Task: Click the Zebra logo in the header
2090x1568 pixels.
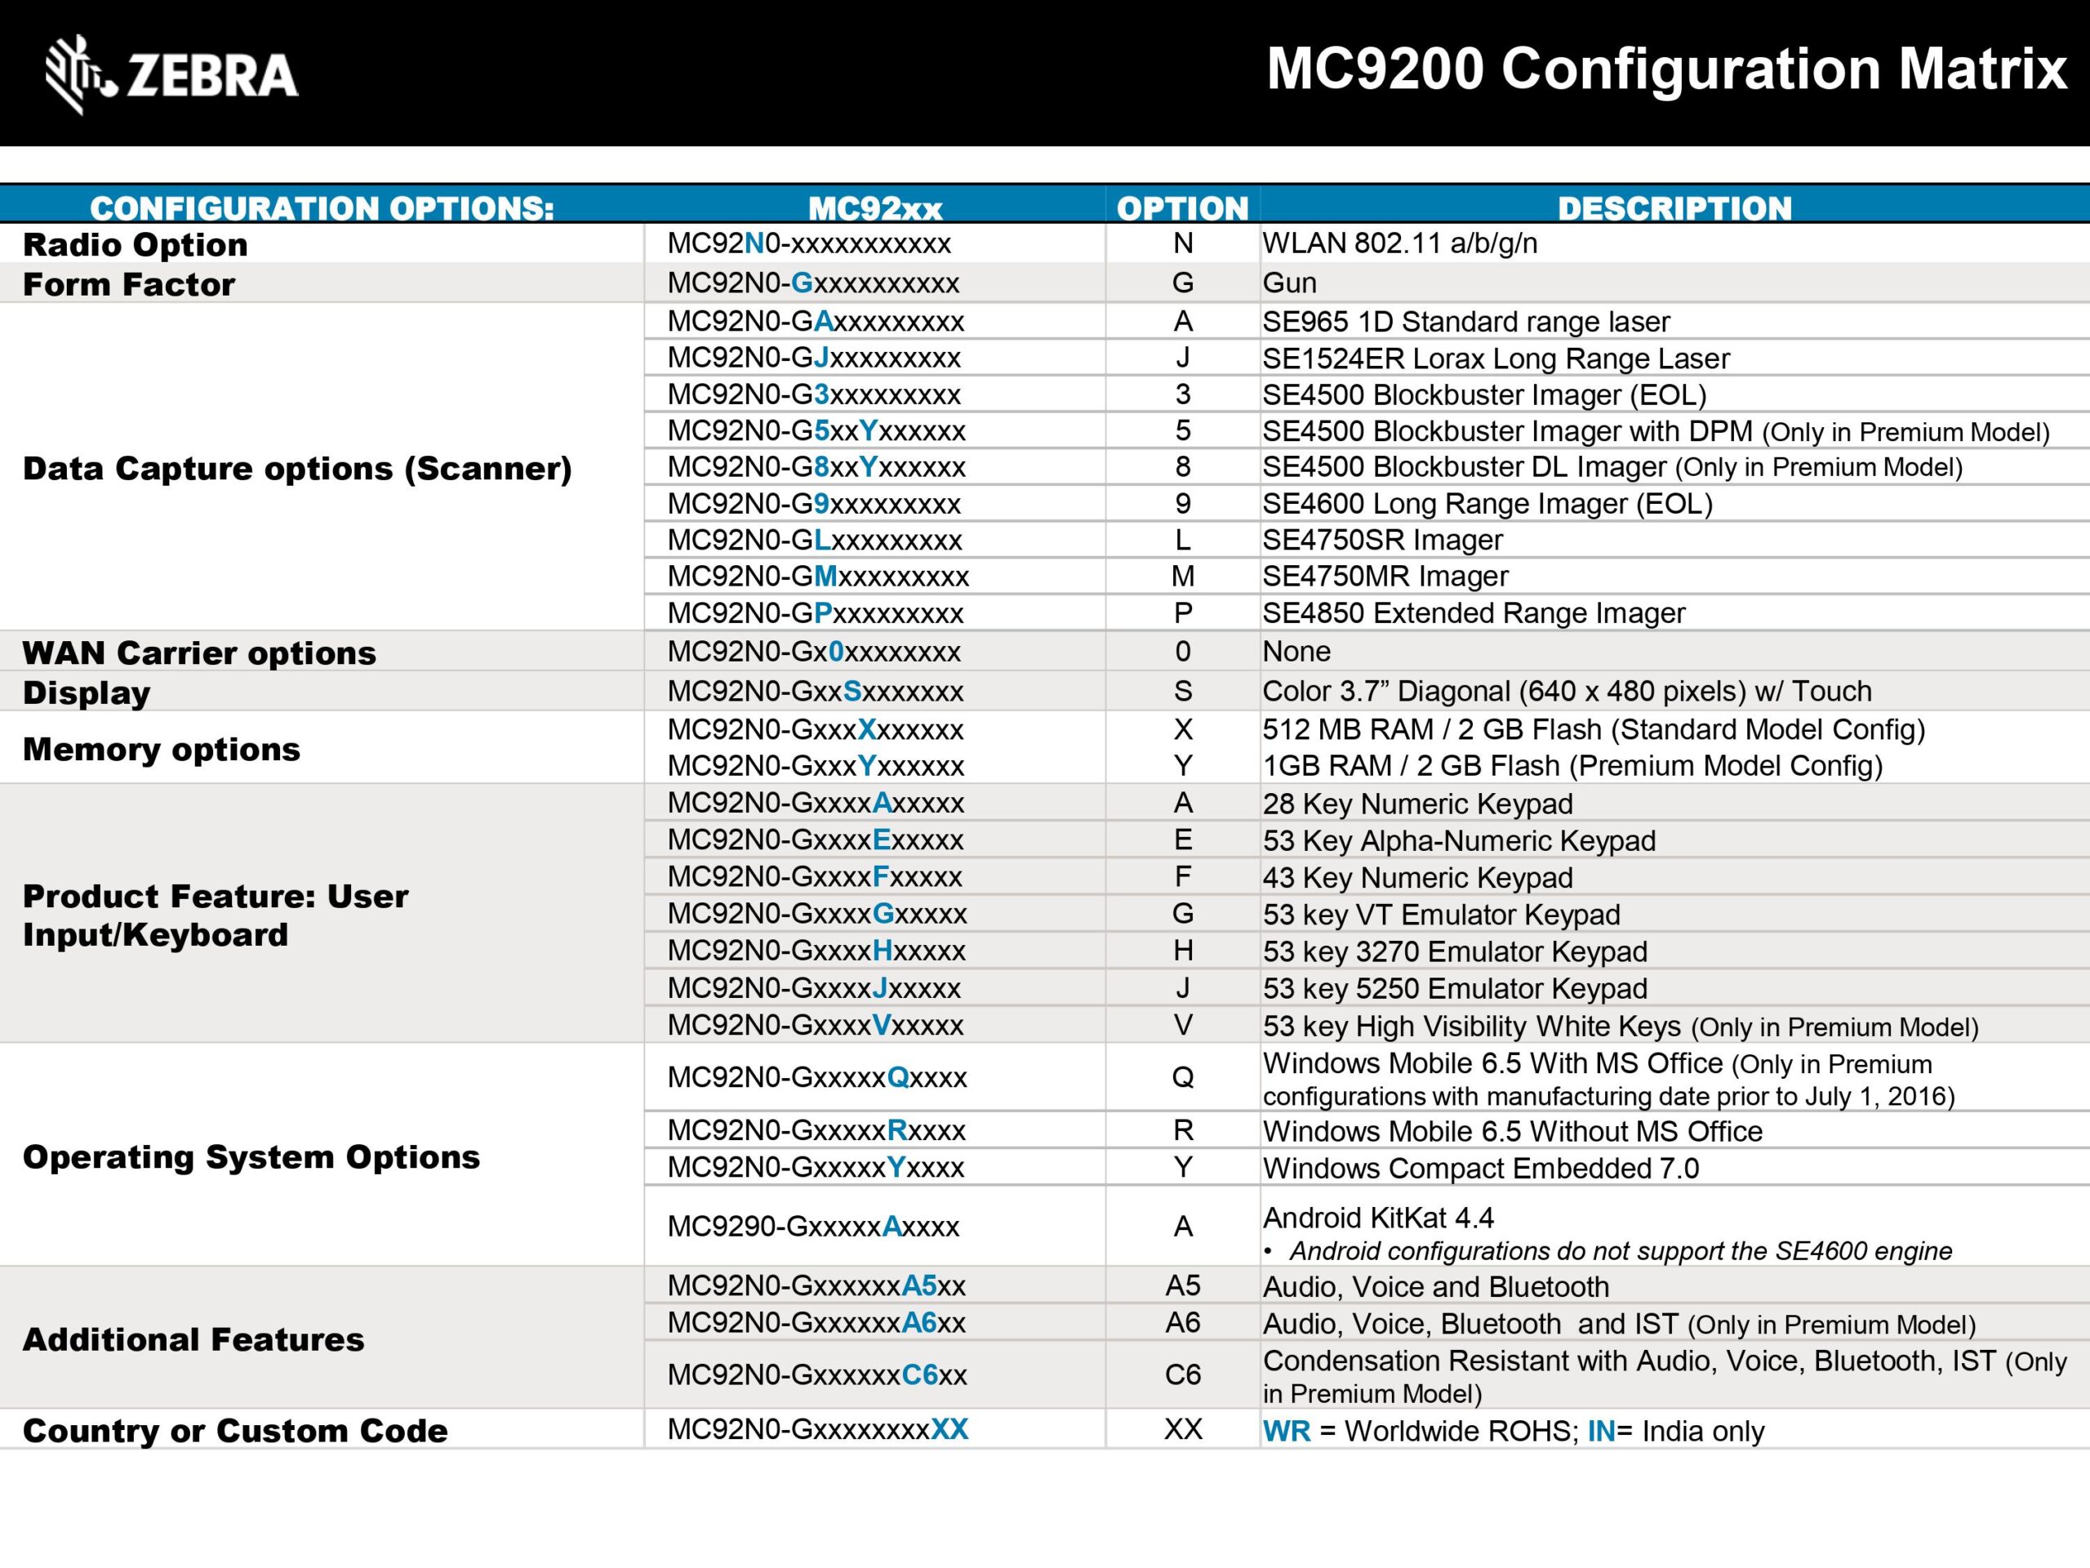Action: point(172,74)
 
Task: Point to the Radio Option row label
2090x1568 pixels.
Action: point(135,245)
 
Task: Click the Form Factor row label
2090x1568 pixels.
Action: point(128,284)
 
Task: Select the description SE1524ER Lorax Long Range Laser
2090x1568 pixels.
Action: point(1496,359)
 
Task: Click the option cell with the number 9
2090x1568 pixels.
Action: point(1182,504)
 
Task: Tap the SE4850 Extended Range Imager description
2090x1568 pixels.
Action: point(1473,613)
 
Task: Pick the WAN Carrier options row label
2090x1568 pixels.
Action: point(199,653)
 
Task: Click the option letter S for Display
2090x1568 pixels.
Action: point(1182,692)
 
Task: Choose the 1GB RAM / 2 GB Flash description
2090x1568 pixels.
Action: point(1572,765)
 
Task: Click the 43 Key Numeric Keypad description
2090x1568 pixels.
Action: point(1417,878)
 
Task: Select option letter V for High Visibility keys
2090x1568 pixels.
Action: point(1182,1026)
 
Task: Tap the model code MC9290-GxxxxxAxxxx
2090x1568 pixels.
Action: point(812,1227)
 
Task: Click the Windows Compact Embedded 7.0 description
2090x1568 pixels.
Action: point(1481,1168)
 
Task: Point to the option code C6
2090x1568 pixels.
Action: point(1182,1374)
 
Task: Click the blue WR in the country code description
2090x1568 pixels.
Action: point(1286,1431)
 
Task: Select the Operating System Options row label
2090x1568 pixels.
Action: point(251,1157)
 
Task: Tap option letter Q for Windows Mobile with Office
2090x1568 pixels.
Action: point(1182,1077)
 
